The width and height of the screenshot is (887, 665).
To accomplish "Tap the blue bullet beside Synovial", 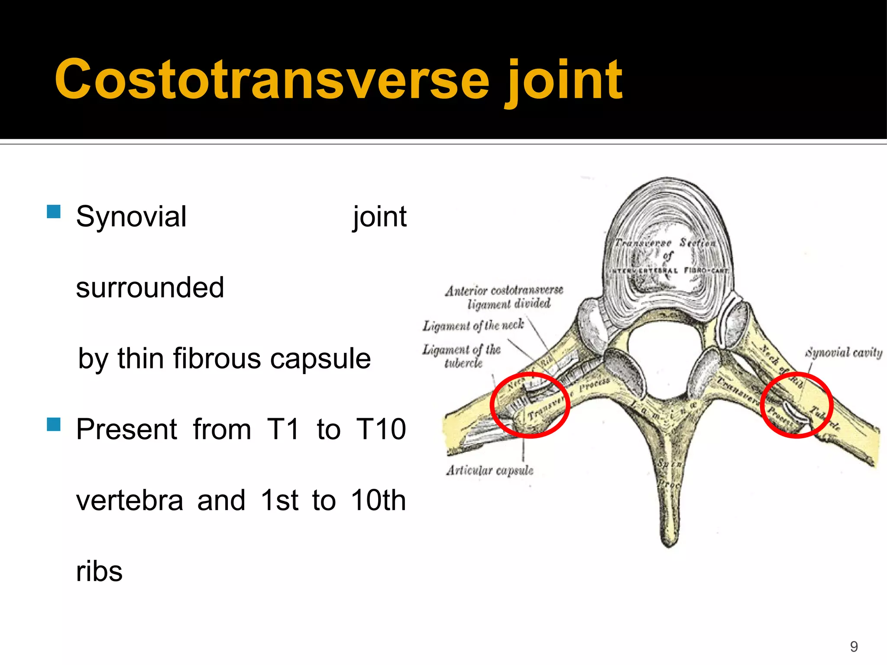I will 54,212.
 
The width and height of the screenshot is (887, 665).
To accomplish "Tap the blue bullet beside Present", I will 54,424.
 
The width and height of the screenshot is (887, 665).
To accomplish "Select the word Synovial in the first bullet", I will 131,216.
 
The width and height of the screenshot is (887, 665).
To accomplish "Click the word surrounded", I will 150,287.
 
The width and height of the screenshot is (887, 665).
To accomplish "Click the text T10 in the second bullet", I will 381,429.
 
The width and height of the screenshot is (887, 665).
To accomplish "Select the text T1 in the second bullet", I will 283,429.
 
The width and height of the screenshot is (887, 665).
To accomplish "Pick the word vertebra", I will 129,500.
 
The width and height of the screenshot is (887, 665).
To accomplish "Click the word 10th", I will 378,500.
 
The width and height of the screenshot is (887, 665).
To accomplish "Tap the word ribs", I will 99,571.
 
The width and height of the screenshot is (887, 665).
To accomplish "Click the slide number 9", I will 854,646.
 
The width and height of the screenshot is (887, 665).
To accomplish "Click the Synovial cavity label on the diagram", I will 843,353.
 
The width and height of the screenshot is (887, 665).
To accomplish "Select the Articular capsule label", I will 489,471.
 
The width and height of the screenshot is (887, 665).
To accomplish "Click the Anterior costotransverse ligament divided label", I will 505,297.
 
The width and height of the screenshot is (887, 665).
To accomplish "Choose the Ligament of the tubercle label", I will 462,356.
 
